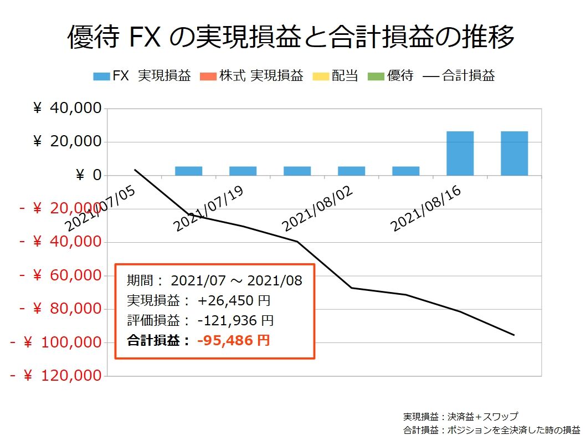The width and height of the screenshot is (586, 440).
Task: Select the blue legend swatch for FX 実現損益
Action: coord(101,76)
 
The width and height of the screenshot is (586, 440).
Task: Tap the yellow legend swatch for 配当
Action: coord(321,76)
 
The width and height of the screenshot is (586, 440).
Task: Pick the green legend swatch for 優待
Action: coord(377,76)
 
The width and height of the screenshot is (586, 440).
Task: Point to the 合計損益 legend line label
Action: coord(468,76)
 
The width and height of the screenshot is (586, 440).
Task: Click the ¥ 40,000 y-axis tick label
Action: coord(68,109)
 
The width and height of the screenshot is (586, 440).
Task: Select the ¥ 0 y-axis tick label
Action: coord(88,176)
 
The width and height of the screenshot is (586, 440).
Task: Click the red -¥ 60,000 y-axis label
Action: coord(61,275)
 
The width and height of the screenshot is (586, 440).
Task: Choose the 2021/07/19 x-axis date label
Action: coord(208,209)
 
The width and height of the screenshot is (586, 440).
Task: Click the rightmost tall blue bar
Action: coord(514,154)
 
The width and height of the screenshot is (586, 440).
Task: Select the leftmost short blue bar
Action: coord(188,171)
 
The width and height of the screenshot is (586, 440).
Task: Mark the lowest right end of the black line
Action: coord(514,335)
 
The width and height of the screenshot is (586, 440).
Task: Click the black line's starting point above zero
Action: coord(135,170)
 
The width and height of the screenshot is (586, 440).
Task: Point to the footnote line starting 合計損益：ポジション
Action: coord(491,429)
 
